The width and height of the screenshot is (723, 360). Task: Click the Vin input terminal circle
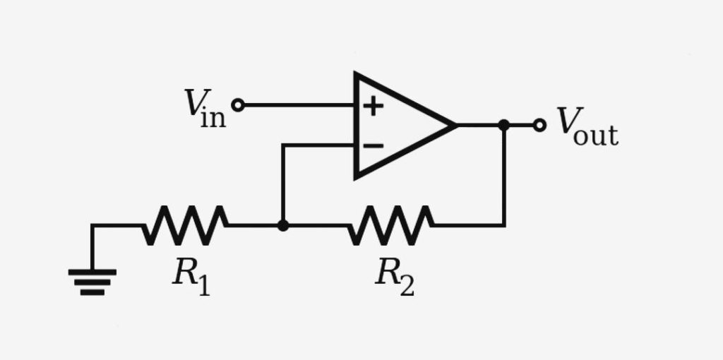(x=238, y=105)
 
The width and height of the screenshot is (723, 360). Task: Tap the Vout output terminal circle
(x=539, y=125)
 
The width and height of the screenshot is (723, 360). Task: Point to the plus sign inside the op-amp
(x=373, y=106)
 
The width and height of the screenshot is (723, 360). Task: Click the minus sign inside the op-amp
(x=373, y=146)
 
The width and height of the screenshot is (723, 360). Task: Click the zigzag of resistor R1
(x=185, y=225)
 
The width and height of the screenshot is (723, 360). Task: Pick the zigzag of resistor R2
(x=390, y=225)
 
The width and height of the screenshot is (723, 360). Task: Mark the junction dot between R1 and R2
(x=282, y=225)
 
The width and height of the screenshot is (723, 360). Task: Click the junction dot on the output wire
(x=503, y=125)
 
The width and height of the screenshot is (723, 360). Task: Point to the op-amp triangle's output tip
(x=452, y=125)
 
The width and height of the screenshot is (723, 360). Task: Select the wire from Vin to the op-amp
(x=297, y=105)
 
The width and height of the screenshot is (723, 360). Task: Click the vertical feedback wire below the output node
(x=503, y=176)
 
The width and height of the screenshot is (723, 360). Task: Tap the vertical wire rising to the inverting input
(x=282, y=184)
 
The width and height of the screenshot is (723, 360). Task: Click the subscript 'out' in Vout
(x=596, y=135)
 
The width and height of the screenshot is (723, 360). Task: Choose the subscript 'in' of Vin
(x=214, y=117)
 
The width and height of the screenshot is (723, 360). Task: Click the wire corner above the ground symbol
(x=92, y=226)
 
